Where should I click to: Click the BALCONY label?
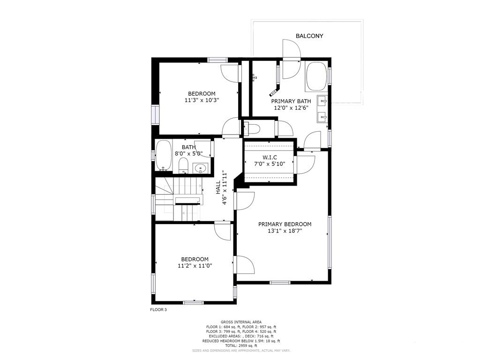[x=309, y=36]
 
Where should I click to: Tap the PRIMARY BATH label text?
[x=291, y=101]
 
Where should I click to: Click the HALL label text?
[x=218, y=188]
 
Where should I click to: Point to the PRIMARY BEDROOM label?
[x=285, y=224]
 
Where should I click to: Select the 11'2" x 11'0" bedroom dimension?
[x=195, y=266]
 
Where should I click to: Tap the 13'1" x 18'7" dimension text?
[x=285, y=231]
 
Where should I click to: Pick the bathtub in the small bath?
[x=164, y=155]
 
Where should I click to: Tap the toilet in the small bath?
[x=184, y=165]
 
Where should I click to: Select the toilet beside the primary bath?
[x=253, y=128]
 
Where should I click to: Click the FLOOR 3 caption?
[x=158, y=309]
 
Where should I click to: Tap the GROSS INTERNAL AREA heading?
[x=241, y=322]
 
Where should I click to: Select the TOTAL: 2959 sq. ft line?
[x=241, y=345]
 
